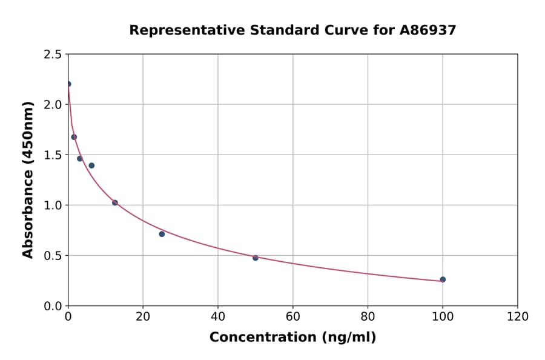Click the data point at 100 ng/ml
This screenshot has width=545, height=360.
443,279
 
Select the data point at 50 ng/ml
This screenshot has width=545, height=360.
256,258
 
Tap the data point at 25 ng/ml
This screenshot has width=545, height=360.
162,234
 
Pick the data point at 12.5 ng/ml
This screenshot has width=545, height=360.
115,202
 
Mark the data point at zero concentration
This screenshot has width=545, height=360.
68,84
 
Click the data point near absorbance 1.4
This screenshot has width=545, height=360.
91,165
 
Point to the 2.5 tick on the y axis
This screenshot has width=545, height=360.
53,55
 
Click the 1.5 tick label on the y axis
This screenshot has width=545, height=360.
53,155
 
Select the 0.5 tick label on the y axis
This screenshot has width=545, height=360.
53,256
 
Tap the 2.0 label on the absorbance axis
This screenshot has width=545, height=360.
53,105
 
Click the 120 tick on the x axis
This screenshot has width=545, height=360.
517,317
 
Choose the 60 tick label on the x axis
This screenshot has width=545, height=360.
292,317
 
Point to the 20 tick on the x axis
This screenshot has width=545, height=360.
143,317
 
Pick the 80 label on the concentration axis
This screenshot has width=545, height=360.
368,317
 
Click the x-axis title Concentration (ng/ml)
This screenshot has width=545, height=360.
292,338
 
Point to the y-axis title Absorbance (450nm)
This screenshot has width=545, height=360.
28,180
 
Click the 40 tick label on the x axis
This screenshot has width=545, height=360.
218,317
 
